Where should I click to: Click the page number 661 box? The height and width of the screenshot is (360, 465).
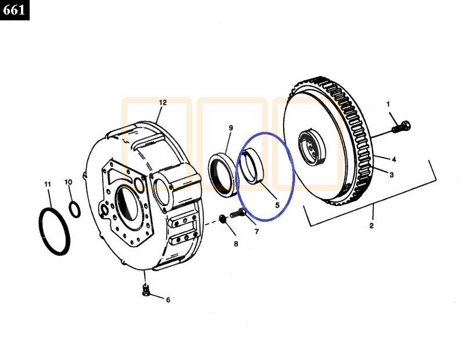[15, 10]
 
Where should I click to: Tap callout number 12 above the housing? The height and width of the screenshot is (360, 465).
[163, 102]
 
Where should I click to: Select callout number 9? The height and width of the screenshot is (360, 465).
[231, 128]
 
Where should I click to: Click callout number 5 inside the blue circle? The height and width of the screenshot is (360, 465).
[277, 205]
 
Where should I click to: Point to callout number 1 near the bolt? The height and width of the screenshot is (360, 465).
[388, 104]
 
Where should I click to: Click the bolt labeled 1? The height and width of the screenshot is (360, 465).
[401, 127]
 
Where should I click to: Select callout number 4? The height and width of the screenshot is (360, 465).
[394, 159]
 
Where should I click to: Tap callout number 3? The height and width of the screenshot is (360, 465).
[391, 175]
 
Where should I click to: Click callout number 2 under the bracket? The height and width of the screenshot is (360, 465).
[371, 226]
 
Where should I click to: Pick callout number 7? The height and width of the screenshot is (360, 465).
[257, 231]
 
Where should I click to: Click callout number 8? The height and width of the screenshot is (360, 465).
[236, 244]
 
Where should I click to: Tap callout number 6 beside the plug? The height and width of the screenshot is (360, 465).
[168, 300]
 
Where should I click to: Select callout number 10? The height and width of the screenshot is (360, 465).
[68, 182]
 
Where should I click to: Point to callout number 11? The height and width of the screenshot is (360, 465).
[48, 184]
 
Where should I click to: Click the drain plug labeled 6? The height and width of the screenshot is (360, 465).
[145, 290]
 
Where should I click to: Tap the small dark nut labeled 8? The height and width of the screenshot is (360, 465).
[223, 219]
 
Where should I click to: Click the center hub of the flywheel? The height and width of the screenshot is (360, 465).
[312, 148]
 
